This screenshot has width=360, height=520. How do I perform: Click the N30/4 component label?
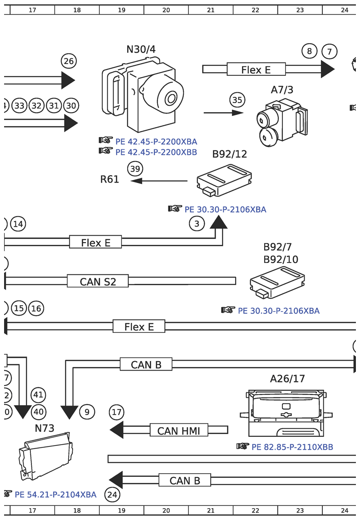point(141,49)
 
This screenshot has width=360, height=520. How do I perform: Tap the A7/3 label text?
point(282,90)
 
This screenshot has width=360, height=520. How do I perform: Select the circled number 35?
point(237,100)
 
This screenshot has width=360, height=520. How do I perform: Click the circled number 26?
point(69,61)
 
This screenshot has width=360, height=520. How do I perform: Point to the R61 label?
point(109,179)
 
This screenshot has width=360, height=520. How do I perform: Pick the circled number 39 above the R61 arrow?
point(135,168)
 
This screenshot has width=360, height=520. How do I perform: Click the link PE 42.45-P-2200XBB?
point(156,152)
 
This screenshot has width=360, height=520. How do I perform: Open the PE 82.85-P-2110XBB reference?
point(292,447)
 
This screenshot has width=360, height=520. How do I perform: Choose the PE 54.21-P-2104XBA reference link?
point(55,495)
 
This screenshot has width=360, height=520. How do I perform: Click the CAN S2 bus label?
point(98,282)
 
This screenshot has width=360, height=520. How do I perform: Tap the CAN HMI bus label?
point(178,431)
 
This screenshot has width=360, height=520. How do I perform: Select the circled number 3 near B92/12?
point(197,223)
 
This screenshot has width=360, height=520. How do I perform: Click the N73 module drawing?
point(45,456)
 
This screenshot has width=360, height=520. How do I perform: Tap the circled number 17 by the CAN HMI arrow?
point(117,412)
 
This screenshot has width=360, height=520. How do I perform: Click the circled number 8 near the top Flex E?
point(309,51)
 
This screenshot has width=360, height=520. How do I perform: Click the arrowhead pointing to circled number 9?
point(69,412)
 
